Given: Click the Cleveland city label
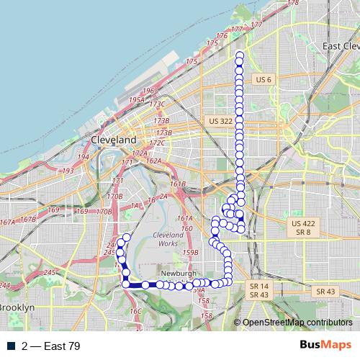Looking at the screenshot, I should click(114, 139).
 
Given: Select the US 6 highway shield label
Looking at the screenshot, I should click(261, 79).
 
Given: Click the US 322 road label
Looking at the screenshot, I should click(217, 121).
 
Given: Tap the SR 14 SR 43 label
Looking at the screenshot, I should click(258, 290).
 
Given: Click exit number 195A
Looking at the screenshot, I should click(137, 100).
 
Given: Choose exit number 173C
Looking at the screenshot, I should click(157, 105).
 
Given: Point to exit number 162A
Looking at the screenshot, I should click(153, 161).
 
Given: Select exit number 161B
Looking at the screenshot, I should click(179, 185).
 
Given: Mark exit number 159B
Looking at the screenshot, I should click(190, 253).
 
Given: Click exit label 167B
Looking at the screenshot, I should click(28, 220).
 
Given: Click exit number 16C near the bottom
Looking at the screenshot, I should click(135, 311).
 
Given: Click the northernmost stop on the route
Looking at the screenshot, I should click(239, 55).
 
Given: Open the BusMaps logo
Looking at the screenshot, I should click(325, 345).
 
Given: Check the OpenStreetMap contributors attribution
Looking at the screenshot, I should click(297, 323).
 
